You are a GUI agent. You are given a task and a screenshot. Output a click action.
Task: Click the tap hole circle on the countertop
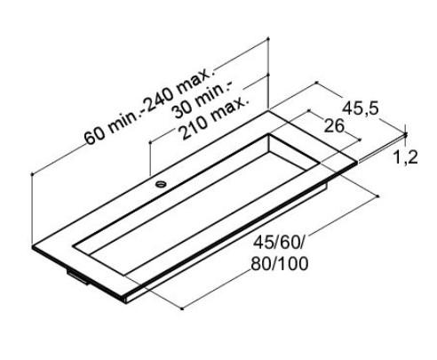pyautogui.click(x=162, y=185)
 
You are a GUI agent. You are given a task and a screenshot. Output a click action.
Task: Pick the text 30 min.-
pyautogui.click(x=203, y=100)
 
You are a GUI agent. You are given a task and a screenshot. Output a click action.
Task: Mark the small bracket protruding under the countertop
pyautogui.click(x=79, y=279)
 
